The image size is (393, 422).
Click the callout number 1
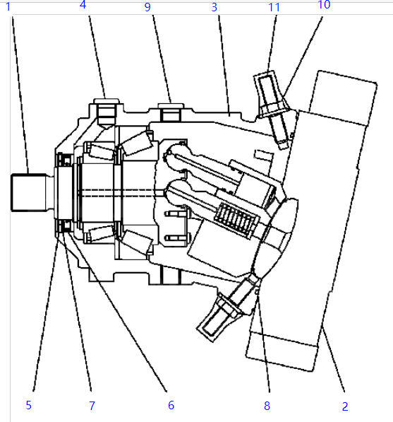[8, 7]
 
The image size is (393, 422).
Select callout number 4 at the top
[83, 4]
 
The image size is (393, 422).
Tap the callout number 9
[147, 7]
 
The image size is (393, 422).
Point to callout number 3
[214, 7]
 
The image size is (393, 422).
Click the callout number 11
[274, 7]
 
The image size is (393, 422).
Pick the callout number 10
[324, 4]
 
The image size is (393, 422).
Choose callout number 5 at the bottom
[29, 405]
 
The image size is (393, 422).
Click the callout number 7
[92, 406]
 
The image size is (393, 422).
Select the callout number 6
[171, 405]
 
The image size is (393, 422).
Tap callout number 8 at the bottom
[267, 406]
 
